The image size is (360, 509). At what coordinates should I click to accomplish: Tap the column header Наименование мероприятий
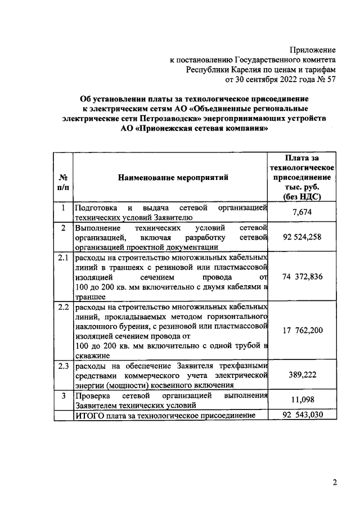tap(173, 178)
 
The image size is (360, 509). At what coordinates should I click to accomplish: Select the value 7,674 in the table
tap(302, 211)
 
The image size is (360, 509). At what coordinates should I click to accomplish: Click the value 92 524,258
tap(302, 237)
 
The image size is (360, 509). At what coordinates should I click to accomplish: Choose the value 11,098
tap(302, 400)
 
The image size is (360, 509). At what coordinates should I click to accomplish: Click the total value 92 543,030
tap(302, 415)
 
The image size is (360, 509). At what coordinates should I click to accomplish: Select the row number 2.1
tap(63, 258)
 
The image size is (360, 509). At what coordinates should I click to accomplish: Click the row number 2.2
tap(63, 308)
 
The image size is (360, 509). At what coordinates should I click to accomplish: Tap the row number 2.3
tap(63, 366)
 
